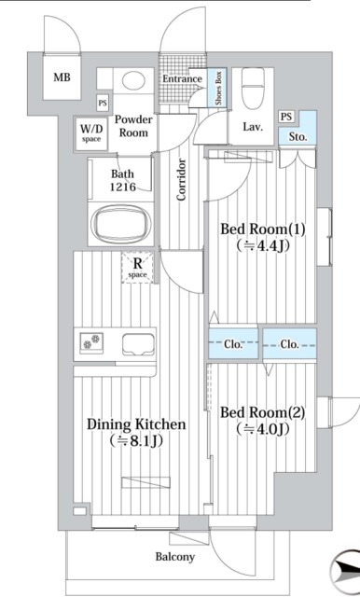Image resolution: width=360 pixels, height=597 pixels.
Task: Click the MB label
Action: tap(62, 77)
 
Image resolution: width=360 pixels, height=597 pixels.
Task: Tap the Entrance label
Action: tap(182, 79)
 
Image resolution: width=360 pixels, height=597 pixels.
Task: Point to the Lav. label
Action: tap(252, 126)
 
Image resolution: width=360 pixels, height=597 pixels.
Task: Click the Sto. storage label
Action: tap(298, 137)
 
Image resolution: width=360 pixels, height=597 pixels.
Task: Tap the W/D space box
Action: tap(90, 132)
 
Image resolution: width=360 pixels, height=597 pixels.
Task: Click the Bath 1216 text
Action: tap(123, 180)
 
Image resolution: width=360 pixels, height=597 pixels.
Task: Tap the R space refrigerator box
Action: tap(136, 270)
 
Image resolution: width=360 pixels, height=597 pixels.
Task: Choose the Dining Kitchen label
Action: tap(136, 424)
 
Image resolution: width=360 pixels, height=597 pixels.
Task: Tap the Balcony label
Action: tap(174, 557)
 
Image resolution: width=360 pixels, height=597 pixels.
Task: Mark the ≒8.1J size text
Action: tap(136, 440)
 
